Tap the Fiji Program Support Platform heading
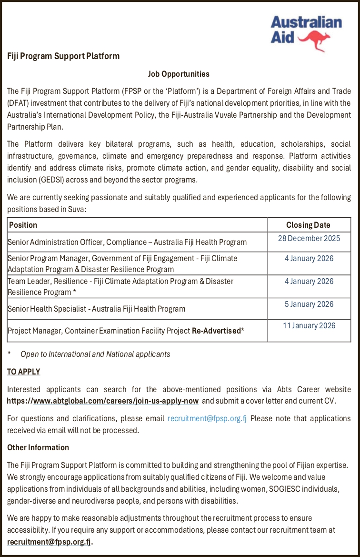point(63,56)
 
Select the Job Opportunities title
point(179,74)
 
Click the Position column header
point(23,225)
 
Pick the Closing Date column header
point(308,225)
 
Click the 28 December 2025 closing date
point(309,238)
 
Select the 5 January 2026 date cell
point(309,304)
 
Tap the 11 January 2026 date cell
point(309,326)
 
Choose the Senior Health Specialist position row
point(96,309)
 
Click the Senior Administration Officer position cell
point(127,242)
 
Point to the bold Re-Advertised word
point(216,331)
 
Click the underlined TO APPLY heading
point(24,372)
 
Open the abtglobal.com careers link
point(103,401)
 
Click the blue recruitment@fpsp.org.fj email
point(207,418)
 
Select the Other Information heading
point(38,447)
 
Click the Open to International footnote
point(95,354)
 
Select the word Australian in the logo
point(306,22)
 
